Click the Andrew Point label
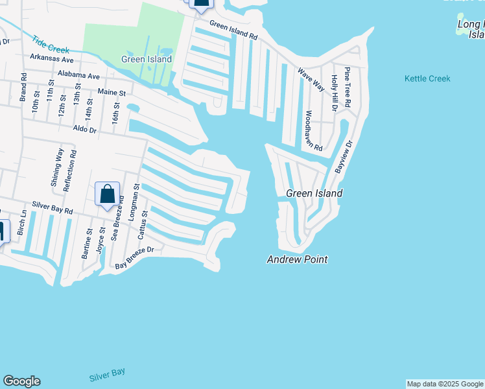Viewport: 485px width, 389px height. point(297,259)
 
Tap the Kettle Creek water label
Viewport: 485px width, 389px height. point(427,78)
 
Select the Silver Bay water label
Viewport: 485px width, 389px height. point(107,375)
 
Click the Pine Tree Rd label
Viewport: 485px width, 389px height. point(348,86)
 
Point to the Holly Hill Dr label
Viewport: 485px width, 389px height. point(334,93)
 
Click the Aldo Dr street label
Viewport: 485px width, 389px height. point(84,130)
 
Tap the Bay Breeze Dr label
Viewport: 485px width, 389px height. point(134,257)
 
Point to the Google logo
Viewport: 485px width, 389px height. point(21,381)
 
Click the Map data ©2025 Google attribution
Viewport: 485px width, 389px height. point(445,384)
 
